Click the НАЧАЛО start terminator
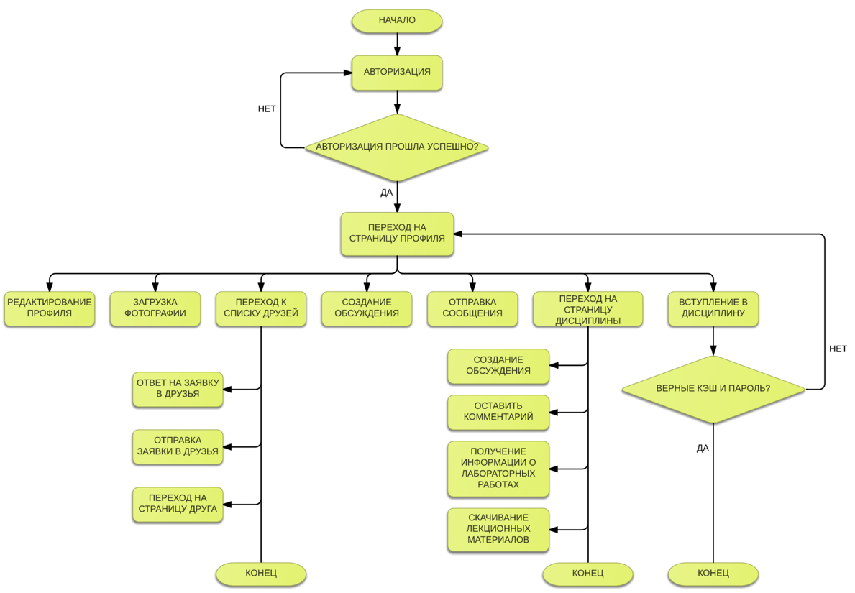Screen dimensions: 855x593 point(396,20)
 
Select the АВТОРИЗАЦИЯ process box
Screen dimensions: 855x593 point(396,72)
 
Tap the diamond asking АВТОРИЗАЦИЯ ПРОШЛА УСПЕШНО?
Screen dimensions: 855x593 point(396,147)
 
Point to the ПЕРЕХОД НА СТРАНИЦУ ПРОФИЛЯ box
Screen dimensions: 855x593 point(396,234)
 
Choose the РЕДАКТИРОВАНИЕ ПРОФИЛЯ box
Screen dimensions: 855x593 point(49,308)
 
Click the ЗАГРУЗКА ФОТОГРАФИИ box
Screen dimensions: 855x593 point(155,308)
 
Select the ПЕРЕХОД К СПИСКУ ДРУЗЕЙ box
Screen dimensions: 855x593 point(260,308)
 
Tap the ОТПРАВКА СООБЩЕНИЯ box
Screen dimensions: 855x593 point(472,308)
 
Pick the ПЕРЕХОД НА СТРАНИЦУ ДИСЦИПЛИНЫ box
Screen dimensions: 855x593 point(587,309)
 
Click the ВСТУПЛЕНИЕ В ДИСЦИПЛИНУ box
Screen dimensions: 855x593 point(713,308)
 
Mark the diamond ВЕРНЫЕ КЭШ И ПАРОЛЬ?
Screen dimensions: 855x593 point(713,389)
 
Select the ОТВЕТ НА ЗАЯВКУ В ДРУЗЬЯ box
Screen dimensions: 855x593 point(177,389)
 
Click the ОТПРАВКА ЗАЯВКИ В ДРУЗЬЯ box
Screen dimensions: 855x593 point(177,446)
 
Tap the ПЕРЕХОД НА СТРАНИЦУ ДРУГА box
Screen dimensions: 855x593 point(177,504)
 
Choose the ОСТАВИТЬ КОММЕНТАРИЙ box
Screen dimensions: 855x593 point(498,412)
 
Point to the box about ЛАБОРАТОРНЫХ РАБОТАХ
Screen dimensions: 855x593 point(498,469)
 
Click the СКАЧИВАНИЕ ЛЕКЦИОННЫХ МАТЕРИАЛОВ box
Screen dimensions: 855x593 point(498,529)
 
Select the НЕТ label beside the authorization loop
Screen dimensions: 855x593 point(267,109)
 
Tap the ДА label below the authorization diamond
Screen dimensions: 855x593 point(386,193)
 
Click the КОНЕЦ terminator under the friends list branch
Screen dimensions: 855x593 point(260,574)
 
